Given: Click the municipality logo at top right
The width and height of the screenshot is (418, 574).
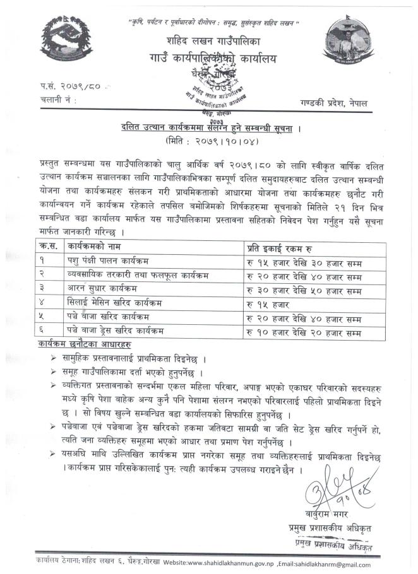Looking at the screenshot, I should point(349,42).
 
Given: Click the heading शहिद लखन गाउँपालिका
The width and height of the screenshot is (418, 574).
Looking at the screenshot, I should point(209,42).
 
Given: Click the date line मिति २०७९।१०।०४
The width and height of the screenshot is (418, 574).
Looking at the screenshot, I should point(208,140).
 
